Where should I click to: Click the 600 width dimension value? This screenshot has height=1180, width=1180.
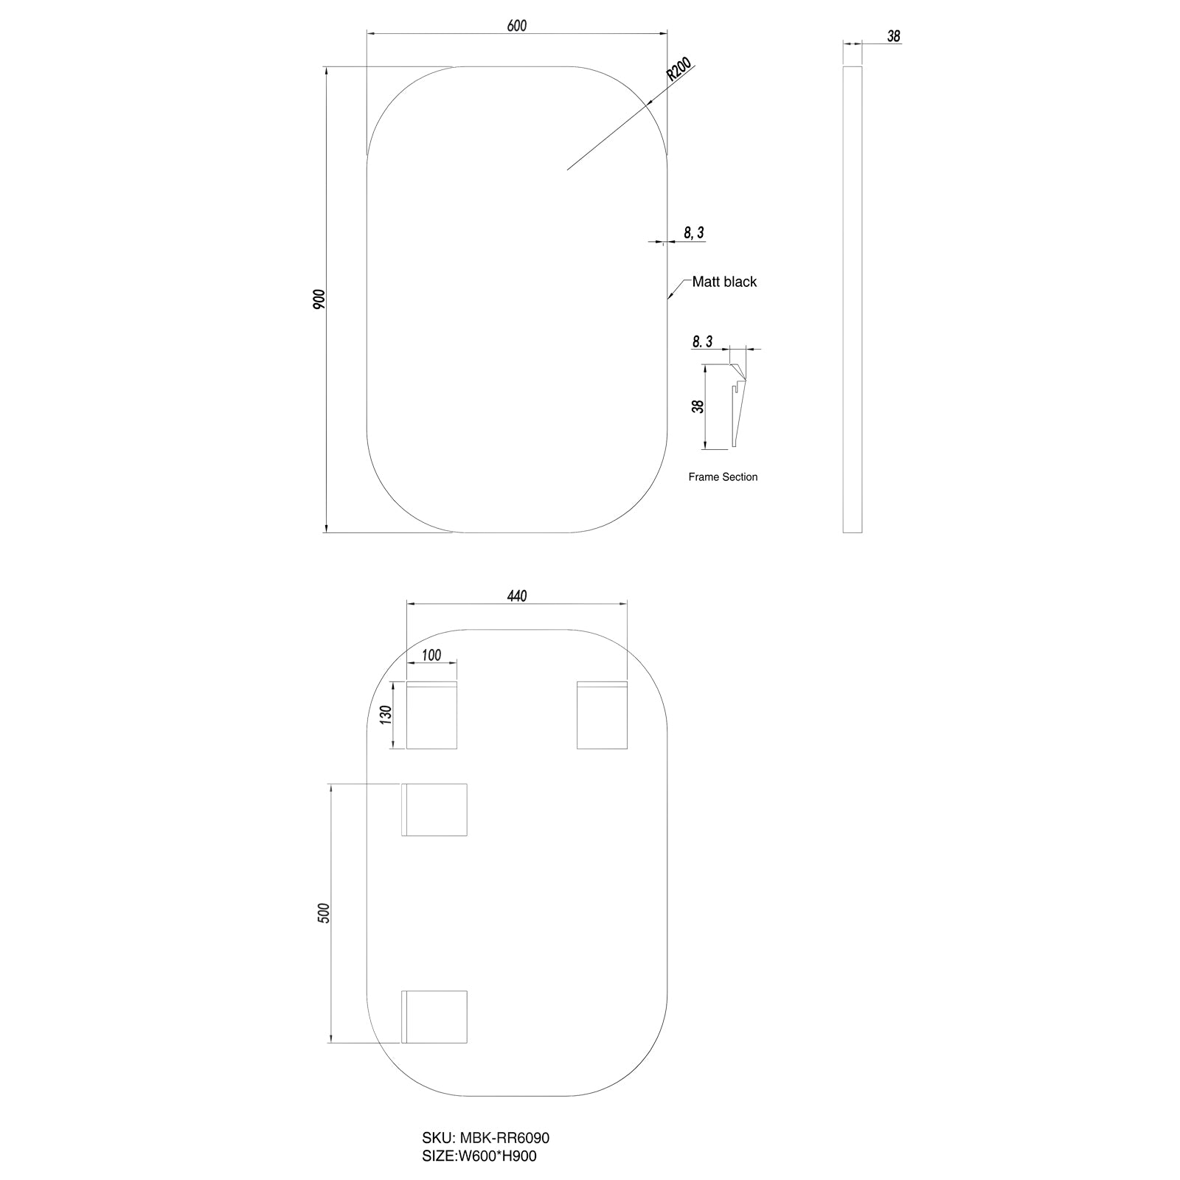click(x=517, y=26)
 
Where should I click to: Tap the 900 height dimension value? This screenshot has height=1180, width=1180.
click(x=319, y=299)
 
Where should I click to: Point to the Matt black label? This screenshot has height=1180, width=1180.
click(x=724, y=282)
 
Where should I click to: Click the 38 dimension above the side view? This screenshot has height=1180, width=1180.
click(x=894, y=36)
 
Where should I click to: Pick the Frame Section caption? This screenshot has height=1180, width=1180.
click(x=723, y=477)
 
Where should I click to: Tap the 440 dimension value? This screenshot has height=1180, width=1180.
click(x=517, y=596)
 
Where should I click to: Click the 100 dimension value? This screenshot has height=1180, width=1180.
click(x=431, y=655)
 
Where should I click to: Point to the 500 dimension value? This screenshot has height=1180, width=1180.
click(x=322, y=913)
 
